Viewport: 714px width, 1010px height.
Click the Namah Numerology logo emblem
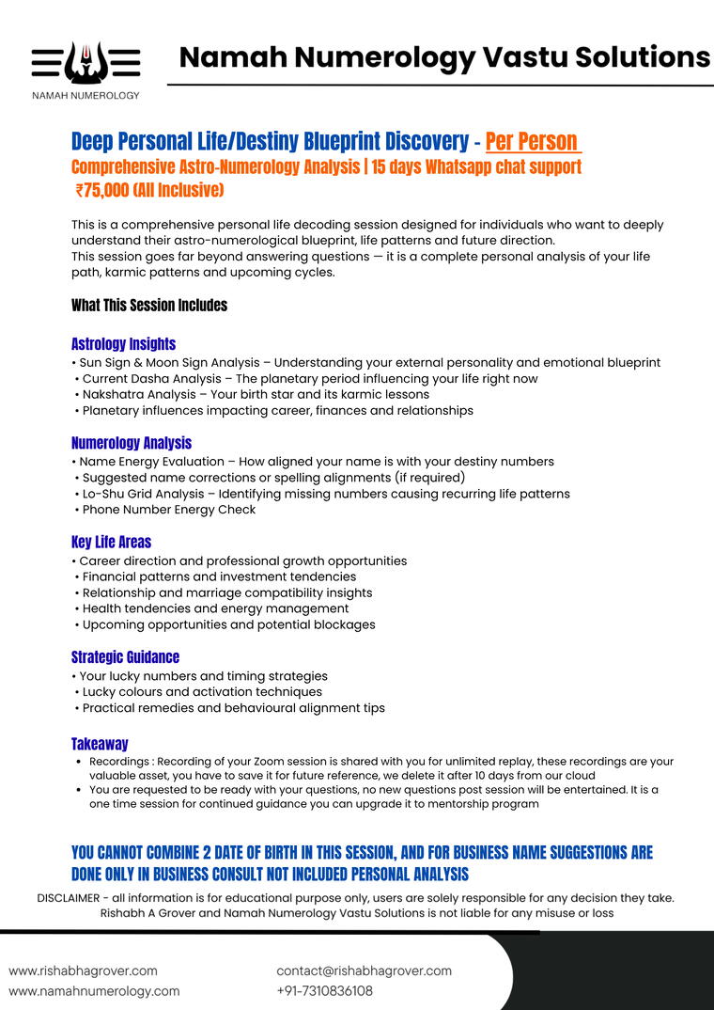click(x=85, y=64)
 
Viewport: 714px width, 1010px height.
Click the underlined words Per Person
click(x=532, y=142)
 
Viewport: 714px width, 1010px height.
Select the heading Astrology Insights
click(x=123, y=344)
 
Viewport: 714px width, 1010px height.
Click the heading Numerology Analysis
click(x=132, y=443)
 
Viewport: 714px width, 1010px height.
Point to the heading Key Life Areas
click(x=111, y=542)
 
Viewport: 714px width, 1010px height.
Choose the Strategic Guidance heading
click(x=125, y=657)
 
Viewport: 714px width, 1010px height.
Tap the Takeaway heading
click(x=100, y=744)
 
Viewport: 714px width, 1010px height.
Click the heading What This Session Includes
click(x=149, y=306)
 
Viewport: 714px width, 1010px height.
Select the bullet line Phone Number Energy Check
click(x=169, y=510)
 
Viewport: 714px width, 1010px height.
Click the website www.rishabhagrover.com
click(x=84, y=971)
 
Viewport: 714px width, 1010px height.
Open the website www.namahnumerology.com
click(x=94, y=991)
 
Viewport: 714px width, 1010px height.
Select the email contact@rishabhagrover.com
click(x=364, y=971)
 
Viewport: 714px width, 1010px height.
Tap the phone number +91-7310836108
click(x=324, y=991)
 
